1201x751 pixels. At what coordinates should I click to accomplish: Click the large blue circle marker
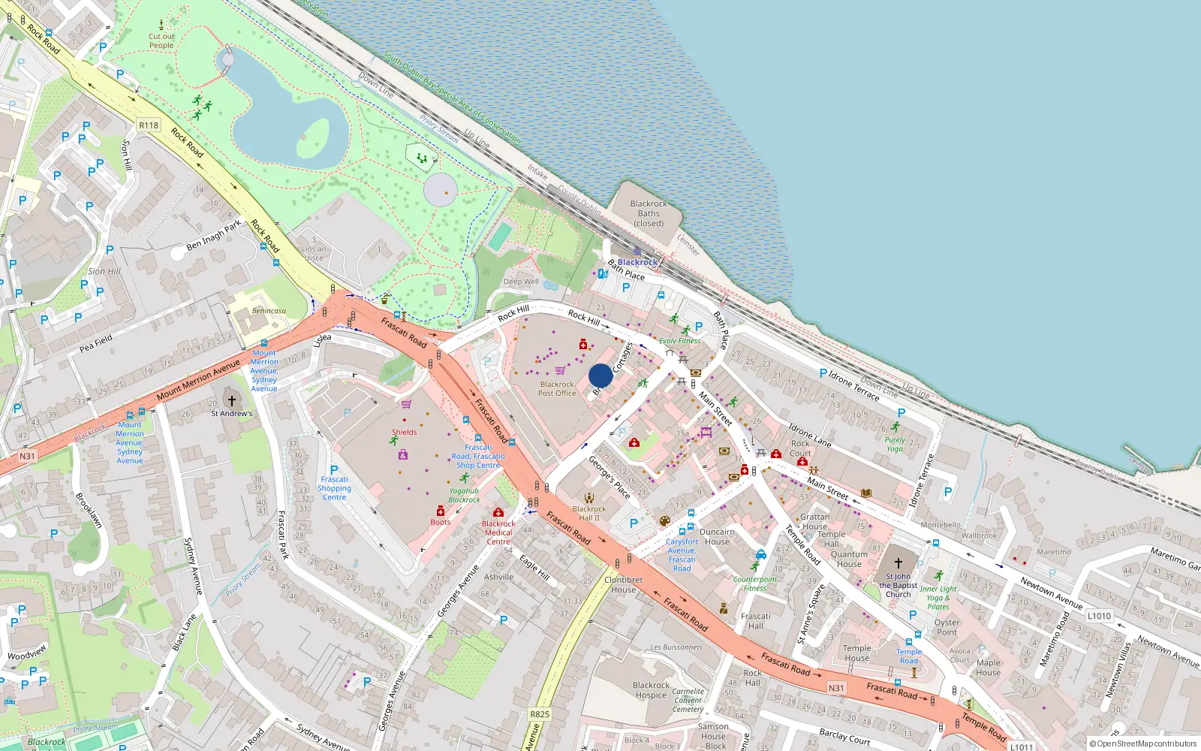(600, 375)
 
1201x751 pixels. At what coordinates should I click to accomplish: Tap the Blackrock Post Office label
(557, 388)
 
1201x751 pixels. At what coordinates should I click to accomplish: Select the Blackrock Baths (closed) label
(649, 213)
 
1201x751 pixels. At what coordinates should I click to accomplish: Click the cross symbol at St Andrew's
(232, 401)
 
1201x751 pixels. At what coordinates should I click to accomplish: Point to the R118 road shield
(149, 125)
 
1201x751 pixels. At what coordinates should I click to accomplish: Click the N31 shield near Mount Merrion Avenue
(27, 456)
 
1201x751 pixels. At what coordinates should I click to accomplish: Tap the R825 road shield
(539, 714)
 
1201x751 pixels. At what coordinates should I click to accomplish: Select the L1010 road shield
(1099, 616)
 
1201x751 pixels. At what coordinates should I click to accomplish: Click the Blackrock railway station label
(637, 262)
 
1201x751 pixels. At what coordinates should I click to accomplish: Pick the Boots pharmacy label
(441, 522)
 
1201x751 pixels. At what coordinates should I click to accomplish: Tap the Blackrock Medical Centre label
(498, 532)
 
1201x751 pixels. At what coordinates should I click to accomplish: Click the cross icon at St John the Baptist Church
(898, 562)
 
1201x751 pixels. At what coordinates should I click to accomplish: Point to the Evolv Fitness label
(679, 341)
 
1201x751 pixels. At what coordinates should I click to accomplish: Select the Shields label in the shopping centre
(404, 432)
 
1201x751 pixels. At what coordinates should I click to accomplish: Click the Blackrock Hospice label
(651, 689)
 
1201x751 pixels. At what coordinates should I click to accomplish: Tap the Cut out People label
(161, 41)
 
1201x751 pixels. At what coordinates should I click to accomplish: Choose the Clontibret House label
(623, 584)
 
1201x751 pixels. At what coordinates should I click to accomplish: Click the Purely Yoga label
(895, 444)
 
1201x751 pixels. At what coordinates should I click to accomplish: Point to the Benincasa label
(269, 311)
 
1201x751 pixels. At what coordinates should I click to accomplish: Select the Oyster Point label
(947, 627)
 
